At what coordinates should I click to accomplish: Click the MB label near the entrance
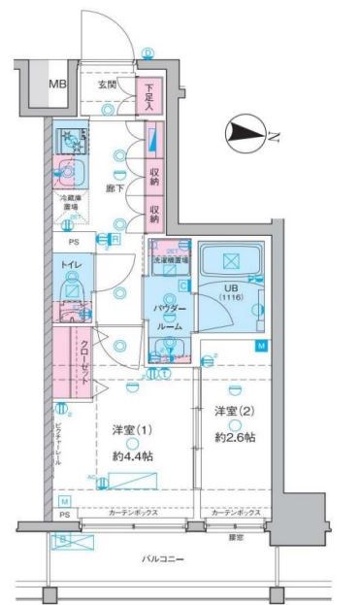point(58,84)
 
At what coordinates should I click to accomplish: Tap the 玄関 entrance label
point(107,84)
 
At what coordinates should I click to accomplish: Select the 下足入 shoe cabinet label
point(149,94)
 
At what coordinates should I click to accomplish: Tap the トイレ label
point(71,262)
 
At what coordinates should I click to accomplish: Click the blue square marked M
point(260,346)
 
